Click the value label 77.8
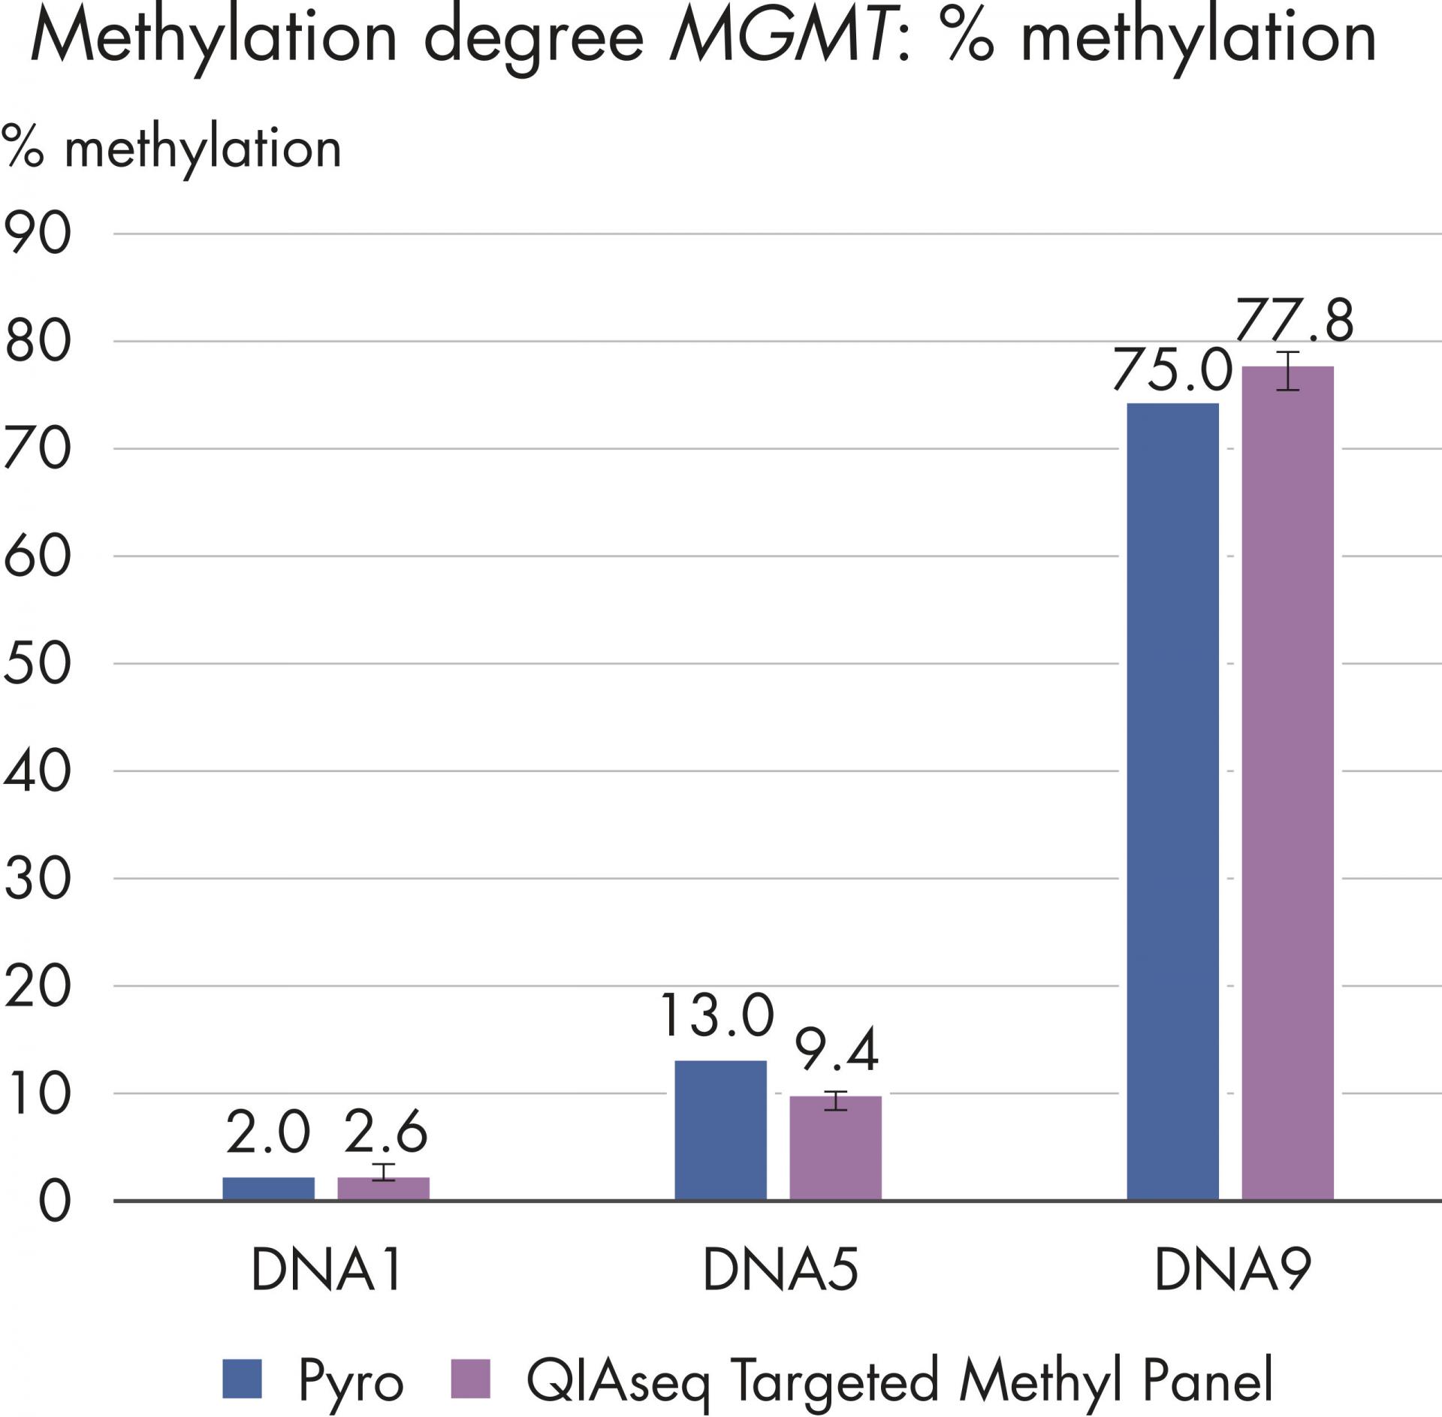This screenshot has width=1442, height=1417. (1294, 321)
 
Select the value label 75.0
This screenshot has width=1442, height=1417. (1172, 371)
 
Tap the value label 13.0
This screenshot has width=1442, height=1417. (716, 1016)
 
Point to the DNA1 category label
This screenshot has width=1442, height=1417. (327, 1269)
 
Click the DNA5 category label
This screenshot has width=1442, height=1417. (780, 1269)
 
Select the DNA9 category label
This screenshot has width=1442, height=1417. (1232, 1269)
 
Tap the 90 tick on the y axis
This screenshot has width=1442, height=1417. (38, 234)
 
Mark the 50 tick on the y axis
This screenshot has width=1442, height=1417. (38, 664)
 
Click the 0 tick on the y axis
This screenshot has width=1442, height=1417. (54, 1201)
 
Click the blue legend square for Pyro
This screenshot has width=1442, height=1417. (243, 1379)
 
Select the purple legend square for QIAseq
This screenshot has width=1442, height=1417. (470, 1379)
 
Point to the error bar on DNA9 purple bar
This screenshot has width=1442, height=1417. (1287, 370)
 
